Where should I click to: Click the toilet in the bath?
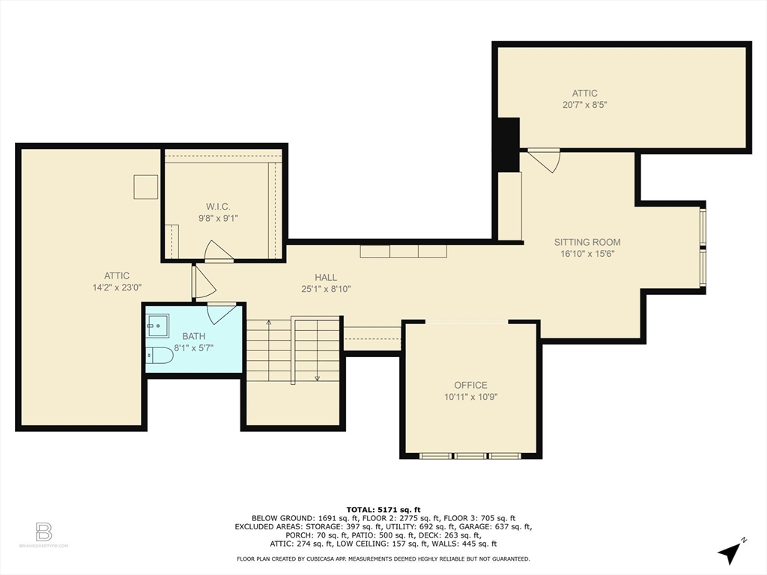click(x=160, y=355)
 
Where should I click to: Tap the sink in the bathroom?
click(x=157, y=326)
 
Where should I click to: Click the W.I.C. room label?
click(x=218, y=207)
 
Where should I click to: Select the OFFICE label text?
click(x=470, y=386)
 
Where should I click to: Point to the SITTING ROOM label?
click(x=587, y=242)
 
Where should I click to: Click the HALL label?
click(x=326, y=277)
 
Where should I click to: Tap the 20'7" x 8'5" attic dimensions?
click(x=584, y=105)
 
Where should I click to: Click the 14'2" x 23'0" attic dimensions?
click(x=117, y=287)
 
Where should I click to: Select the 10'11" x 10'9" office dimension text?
click(x=470, y=397)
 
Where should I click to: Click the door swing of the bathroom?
click(x=222, y=313)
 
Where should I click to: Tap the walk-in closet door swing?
click(x=218, y=251)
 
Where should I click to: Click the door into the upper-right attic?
click(x=544, y=160)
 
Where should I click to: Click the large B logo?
click(x=43, y=532)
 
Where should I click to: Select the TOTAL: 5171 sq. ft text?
click(x=383, y=509)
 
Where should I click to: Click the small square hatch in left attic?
click(x=146, y=186)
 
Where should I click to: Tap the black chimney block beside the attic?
click(x=509, y=144)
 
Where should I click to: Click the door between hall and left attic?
click(x=204, y=282)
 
